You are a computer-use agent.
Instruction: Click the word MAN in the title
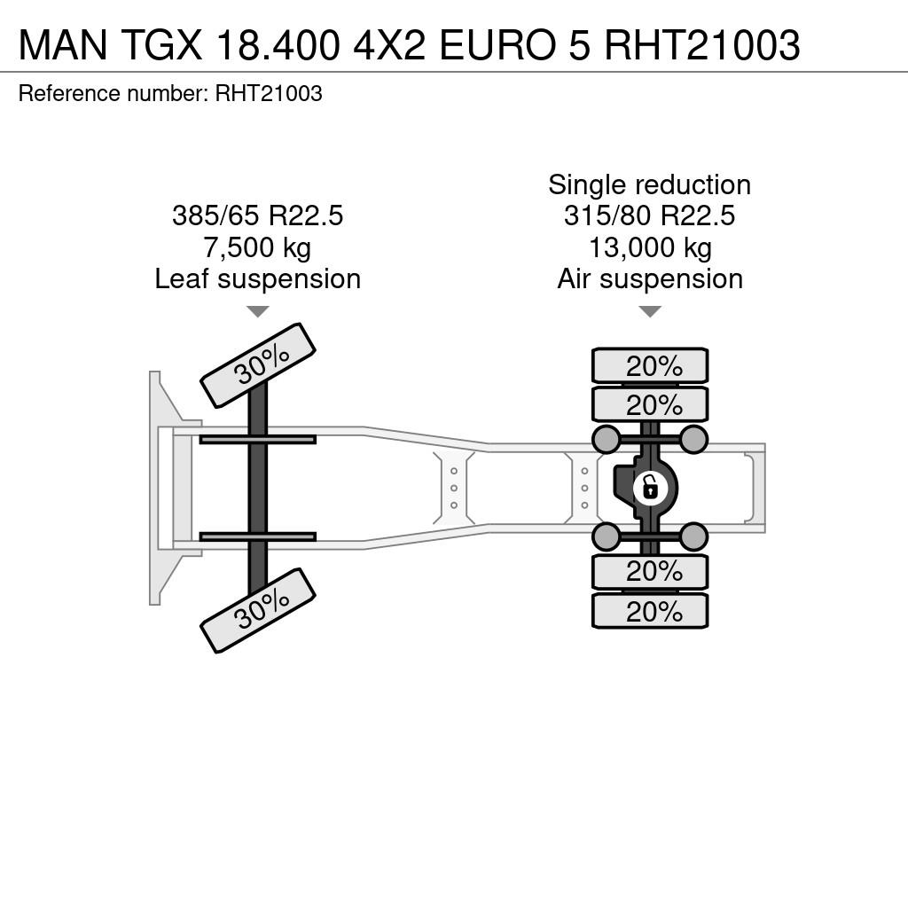pyautogui.click(x=63, y=44)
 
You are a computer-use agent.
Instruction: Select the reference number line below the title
pyautogui.click(x=170, y=93)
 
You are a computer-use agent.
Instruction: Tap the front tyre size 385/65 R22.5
pyautogui.click(x=258, y=215)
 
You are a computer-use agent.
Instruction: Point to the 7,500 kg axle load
pyautogui.click(x=257, y=248)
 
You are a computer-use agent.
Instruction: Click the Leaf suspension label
pyautogui.click(x=258, y=279)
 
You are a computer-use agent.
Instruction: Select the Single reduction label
pyautogui.click(x=650, y=185)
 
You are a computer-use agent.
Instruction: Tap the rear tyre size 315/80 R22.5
pyautogui.click(x=650, y=215)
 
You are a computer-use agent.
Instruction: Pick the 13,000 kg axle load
pyautogui.click(x=650, y=248)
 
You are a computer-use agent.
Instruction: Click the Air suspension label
pyautogui.click(x=650, y=279)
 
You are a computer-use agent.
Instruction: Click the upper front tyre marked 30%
pyautogui.click(x=258, y=365)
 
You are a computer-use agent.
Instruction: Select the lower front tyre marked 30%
pyautogui.click(x=258, y=610)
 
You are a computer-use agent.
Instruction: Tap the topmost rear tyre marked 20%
pyautogui.click(x=650, y=366)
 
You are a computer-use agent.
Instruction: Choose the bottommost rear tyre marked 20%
pyautogui.click(x=650, y=611)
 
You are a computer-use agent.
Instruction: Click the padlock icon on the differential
pyautogui.click(x=651, y=488)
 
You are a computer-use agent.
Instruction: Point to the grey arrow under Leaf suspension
pyautogui.click(x=258, y=311)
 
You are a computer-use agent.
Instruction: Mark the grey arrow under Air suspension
pyautogui.click(x=650, y=311)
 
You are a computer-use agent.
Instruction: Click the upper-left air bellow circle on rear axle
pyautogui.click(x=607, y=439)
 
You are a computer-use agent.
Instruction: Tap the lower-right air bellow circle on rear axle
pyautogui.click(x=693, y=536)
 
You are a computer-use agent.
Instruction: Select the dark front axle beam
pyautogui.click(x=258, y=489)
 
